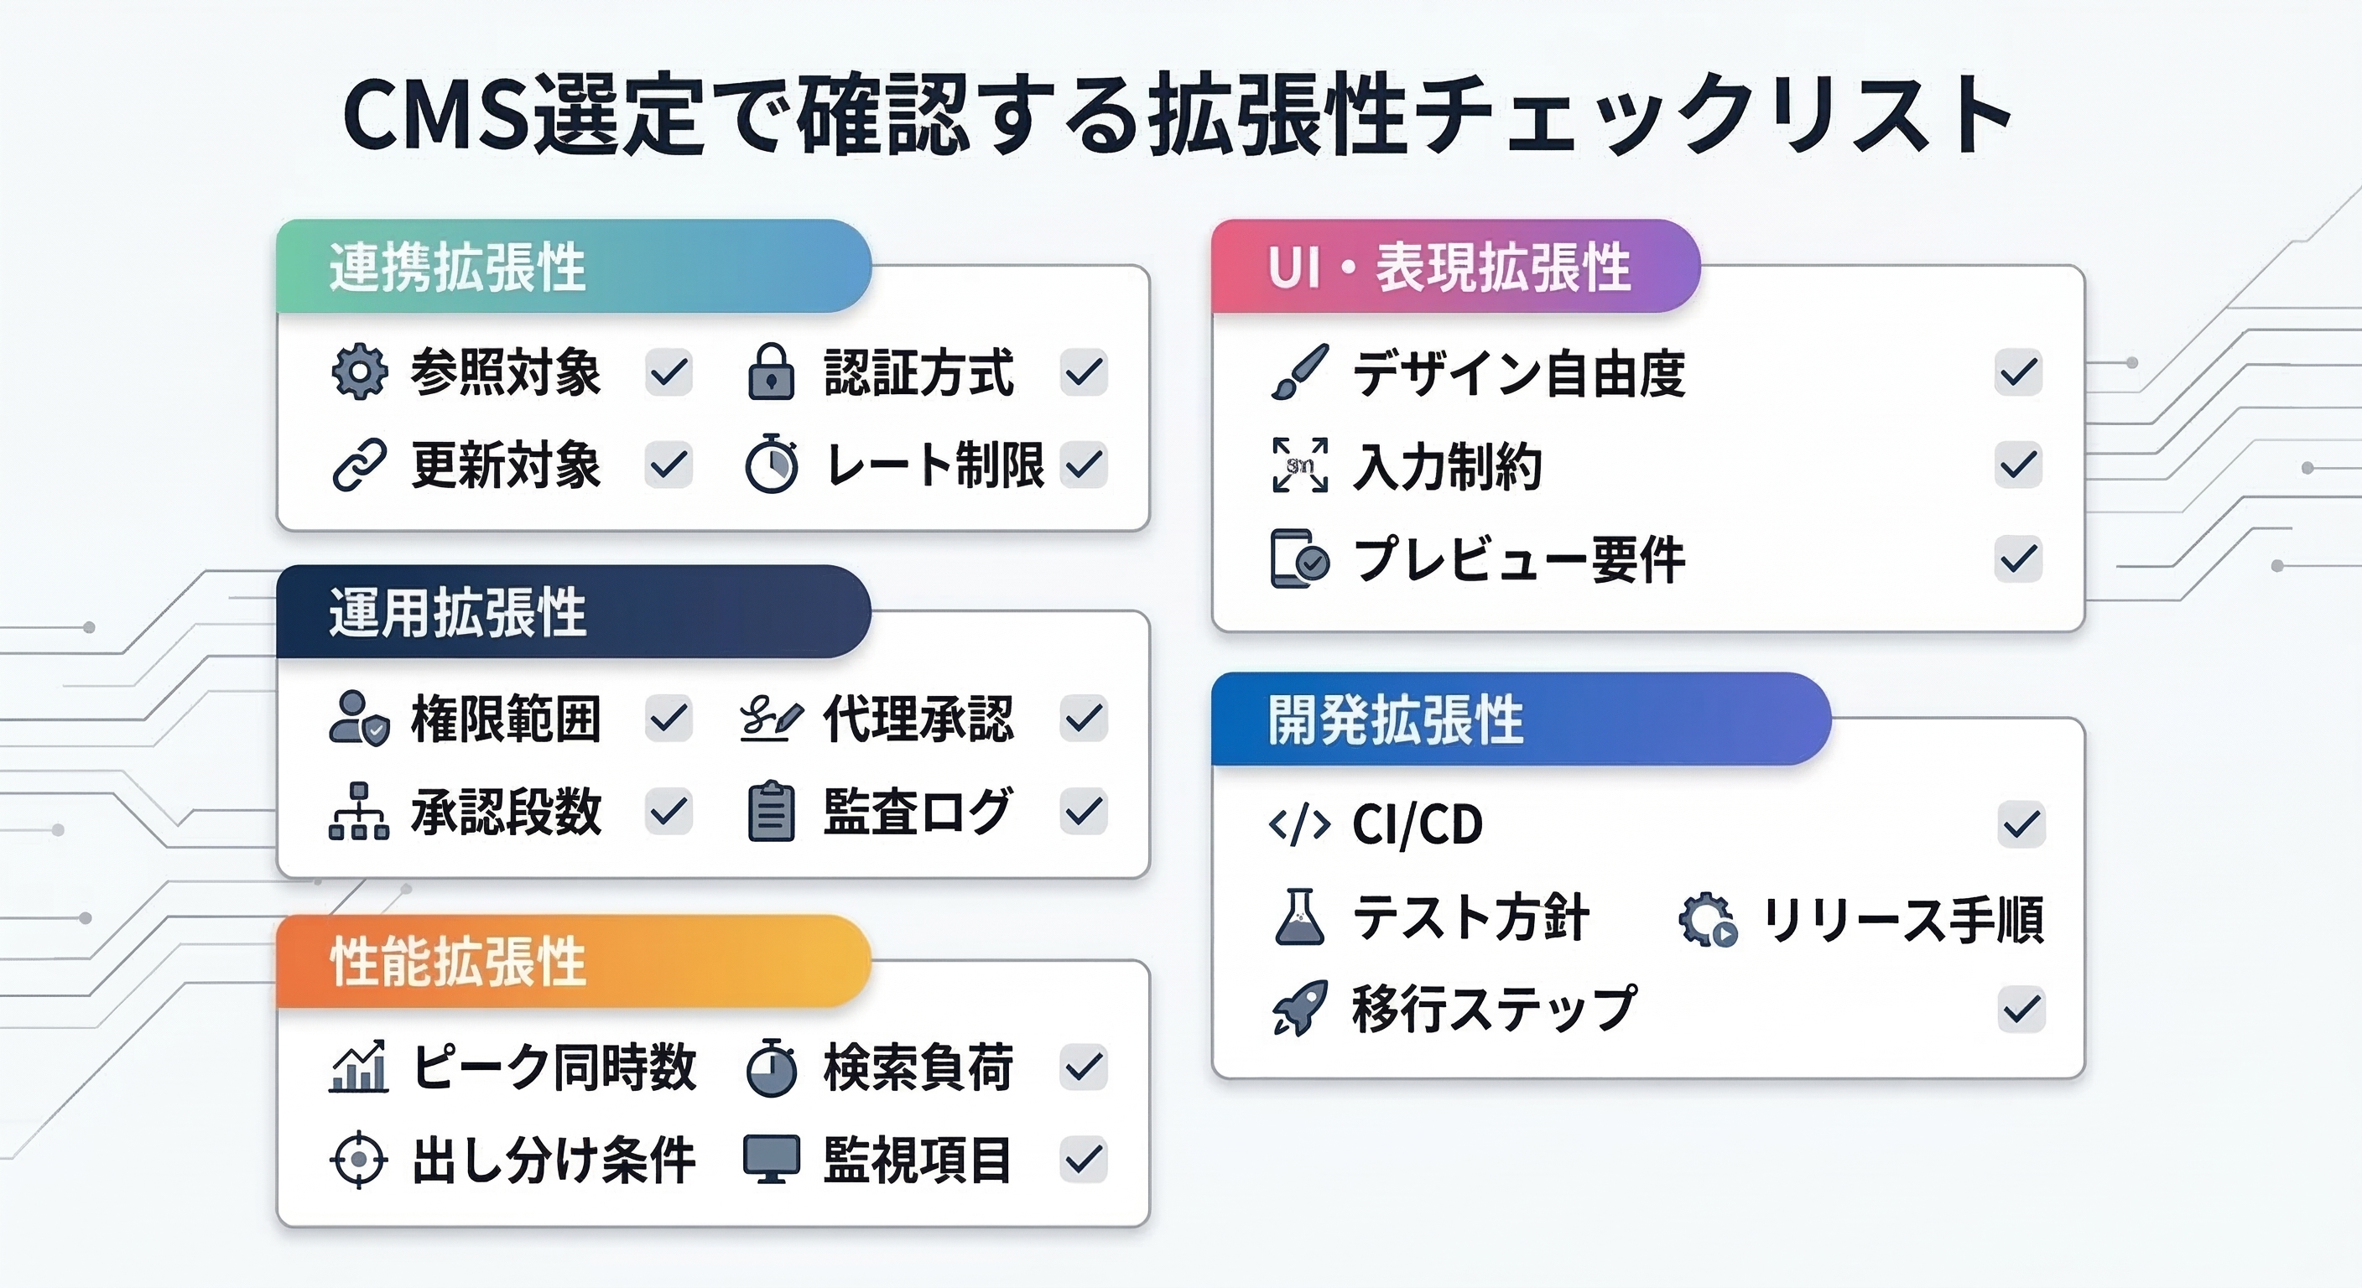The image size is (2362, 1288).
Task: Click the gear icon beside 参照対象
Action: (x=358, y=372)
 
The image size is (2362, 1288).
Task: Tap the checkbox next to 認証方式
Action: (x=1084, y=372)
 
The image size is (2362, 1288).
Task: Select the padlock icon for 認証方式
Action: (x=771, y=371)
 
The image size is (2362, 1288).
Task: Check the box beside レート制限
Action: (x=1084, y=464)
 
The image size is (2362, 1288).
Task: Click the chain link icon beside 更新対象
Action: (x=358, y=464)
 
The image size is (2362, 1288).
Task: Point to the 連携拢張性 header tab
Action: (x=573, y=266)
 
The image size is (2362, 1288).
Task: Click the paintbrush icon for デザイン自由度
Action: (x=1299, y=372)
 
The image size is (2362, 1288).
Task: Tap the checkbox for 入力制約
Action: (x=2018, y=465)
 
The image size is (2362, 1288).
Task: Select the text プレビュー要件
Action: (x=1519, y=559)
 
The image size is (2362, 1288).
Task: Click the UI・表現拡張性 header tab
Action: (x=1455, y=266)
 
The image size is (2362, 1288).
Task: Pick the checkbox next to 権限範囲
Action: (x=669, y=718)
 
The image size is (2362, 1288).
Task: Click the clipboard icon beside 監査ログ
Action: (x=771, y=812)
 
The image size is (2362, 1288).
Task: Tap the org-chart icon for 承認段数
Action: (x=358, y=812)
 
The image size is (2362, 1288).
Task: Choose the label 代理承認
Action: (x=918, y=719)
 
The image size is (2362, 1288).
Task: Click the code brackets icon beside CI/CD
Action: (x=1299, y=824)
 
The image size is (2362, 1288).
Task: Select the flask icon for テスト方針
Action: (x=1299, y=917)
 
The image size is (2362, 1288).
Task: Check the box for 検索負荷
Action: (x=1084, y=1067)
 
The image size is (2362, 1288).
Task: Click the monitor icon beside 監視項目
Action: (x=771, y=1160)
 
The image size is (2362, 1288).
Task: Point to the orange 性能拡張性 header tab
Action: (x=573, y=962)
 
